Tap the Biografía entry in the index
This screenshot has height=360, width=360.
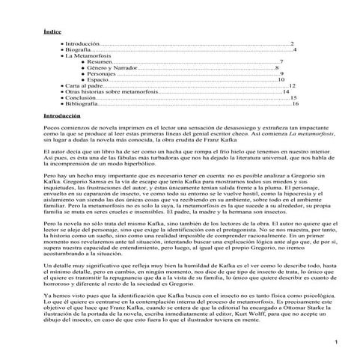pos(78,49)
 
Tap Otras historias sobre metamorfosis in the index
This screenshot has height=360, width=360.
pos(112,92)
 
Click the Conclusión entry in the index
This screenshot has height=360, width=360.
pos(80,98)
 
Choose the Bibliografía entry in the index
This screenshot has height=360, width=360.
pos(82,104)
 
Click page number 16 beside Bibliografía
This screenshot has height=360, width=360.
pos(296,104)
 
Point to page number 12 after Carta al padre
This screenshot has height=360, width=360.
pos(292,86)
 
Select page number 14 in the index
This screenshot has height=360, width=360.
pos(287,92)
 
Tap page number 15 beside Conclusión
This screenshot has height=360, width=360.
pos(293,98)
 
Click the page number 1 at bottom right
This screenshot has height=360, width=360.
pos(338,343)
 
